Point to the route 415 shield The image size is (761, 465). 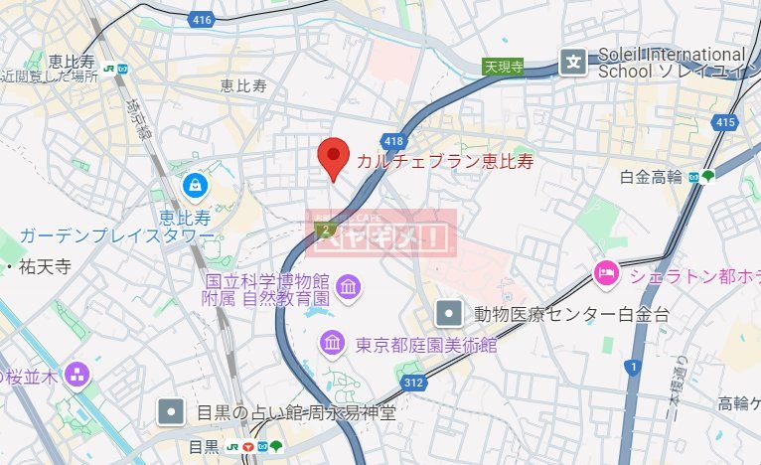(724, 121)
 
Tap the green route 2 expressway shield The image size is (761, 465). (324, 230)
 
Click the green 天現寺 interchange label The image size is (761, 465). (503, 67)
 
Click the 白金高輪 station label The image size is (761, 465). (651, 177)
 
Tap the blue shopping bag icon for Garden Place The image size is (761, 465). (195, 185)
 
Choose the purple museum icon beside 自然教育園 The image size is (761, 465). (350, 288)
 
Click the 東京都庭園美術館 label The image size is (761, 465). (426, 345)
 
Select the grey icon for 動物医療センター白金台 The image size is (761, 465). (450, 315)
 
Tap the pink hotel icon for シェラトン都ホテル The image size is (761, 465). (605, 270)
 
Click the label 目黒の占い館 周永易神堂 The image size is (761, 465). (295, 411)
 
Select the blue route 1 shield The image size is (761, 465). (632, 368)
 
